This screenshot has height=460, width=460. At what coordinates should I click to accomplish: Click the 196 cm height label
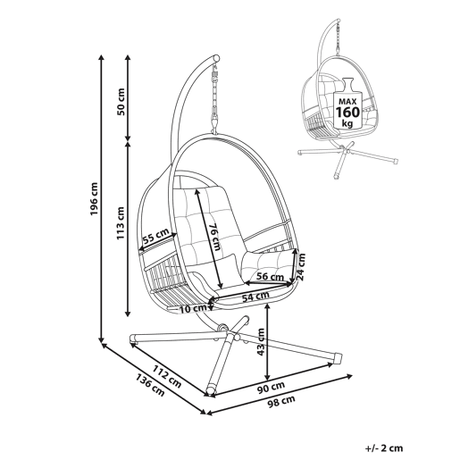coord(94,198)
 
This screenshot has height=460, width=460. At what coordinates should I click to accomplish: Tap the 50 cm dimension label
coord(121,102)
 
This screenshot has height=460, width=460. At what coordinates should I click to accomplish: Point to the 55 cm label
coord(155,234)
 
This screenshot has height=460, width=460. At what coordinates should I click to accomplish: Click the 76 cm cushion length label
coord(214,238)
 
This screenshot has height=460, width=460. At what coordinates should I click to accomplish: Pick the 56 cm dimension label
coord(271,277)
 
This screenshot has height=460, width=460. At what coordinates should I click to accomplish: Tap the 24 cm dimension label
coord(302,267)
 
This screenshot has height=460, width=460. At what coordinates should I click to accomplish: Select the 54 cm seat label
coord(255,297)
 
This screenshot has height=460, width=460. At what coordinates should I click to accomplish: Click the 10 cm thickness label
coord(193,309)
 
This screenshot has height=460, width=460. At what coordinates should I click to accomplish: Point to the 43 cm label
coord(261,342)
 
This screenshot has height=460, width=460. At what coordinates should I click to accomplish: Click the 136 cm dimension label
coord(150,385)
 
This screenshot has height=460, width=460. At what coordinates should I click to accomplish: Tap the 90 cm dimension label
coord(271,386)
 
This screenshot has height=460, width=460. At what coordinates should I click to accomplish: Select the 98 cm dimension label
coord(281,401)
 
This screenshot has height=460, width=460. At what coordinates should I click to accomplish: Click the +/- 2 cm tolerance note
coord(384,447)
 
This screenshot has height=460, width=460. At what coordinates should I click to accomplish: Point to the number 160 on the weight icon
coord(347,113)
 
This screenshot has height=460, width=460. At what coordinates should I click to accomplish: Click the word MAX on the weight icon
coord(347,101)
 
